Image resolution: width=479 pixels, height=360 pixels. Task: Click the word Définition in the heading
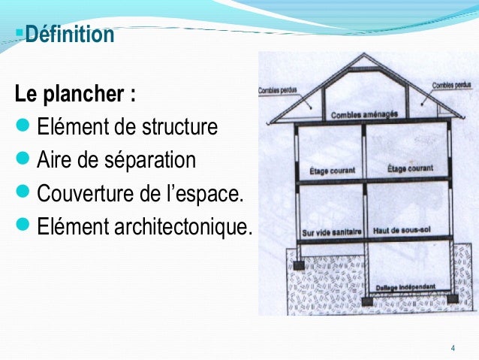point(69,35)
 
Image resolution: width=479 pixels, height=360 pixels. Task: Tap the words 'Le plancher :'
point(76,96)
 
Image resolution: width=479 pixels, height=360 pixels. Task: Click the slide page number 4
point(452,347)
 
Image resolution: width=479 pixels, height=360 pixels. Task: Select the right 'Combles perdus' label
point(451,86)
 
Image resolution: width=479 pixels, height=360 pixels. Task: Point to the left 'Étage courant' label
point(332,170)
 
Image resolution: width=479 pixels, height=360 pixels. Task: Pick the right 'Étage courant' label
point(410,169)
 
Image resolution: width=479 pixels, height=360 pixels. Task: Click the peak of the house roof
point(366,56)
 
